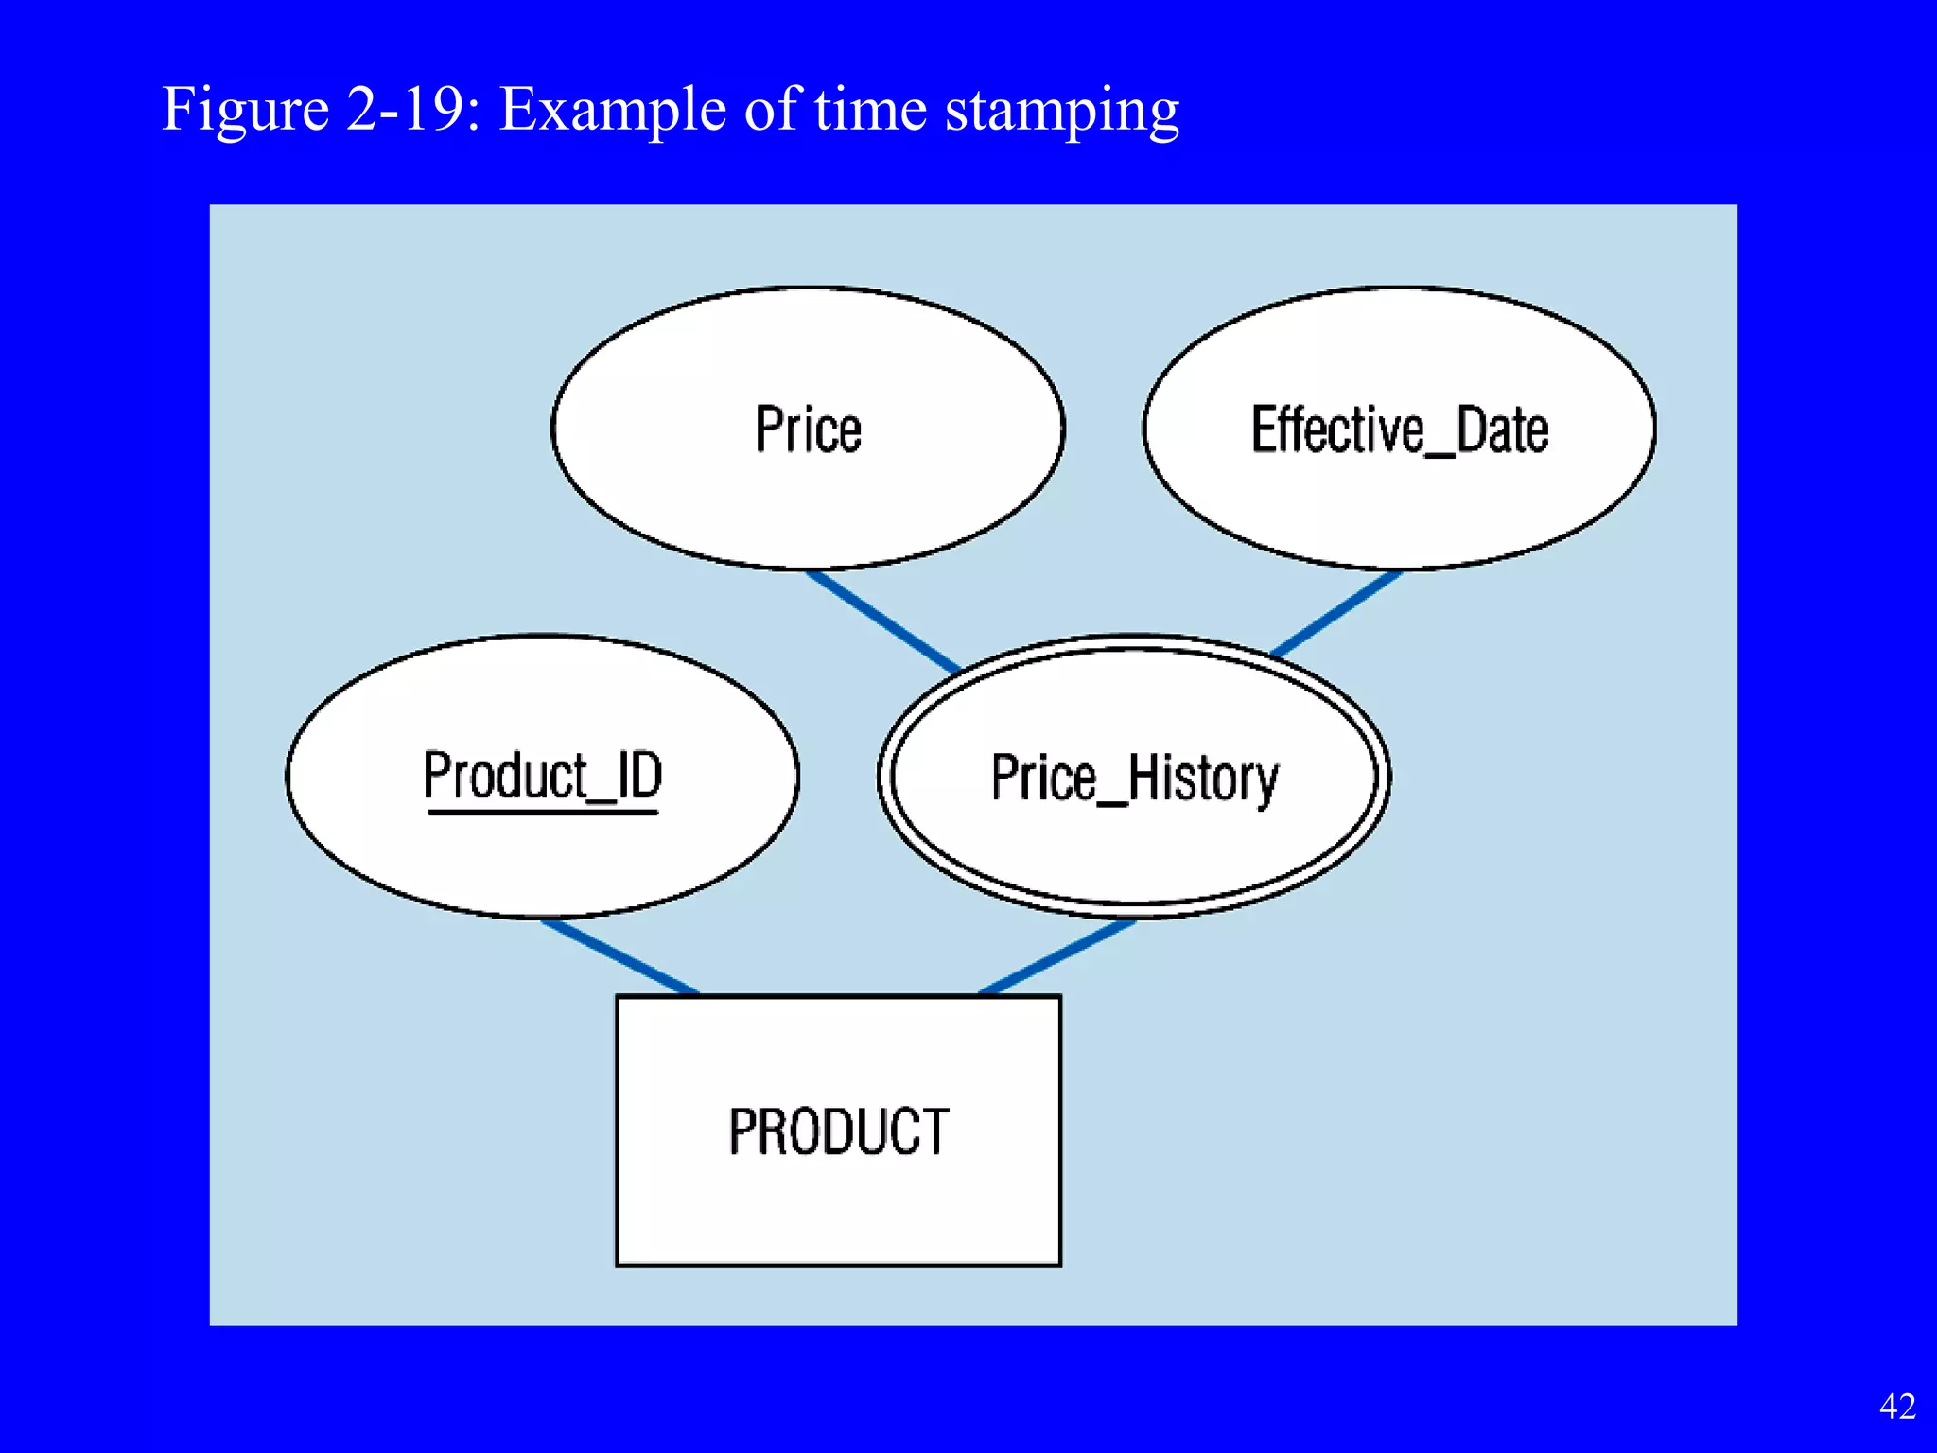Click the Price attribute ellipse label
808,430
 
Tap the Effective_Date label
1400,430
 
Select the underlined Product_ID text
542,777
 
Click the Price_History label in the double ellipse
1134,778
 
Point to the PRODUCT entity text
838,1131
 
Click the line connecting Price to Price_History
882,621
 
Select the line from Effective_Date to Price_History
1335,614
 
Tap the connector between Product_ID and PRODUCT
619,956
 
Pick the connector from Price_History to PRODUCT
1057,956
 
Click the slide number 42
1896,1407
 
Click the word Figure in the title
245,109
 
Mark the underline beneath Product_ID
542,811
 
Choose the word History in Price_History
1202,779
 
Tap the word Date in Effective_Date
1502,430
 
